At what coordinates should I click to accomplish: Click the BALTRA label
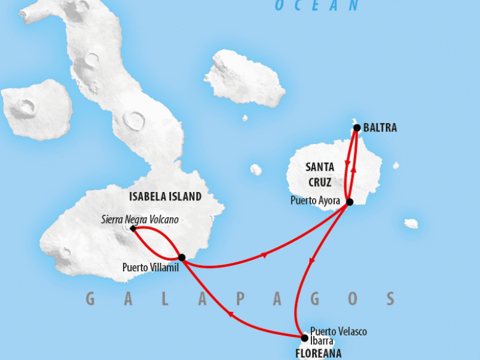point(380,128)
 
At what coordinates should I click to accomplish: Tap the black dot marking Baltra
point(357,127)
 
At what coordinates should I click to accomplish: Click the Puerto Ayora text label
point(315,201)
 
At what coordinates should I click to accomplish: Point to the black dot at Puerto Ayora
point(350,202)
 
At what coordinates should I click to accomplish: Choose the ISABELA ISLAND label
point(165,196)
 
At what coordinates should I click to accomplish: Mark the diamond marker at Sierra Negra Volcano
point(133,228)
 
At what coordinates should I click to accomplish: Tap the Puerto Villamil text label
point(150,267)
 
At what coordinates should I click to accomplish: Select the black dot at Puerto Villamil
point(182,257)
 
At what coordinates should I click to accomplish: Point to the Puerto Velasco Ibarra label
point(337,335)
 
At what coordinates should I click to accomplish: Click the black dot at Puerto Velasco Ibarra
point(304,338)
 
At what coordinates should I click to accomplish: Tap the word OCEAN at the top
point(316,6)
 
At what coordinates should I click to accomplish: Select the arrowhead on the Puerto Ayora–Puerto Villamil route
point(265,255)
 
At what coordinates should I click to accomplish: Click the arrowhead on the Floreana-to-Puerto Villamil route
point(230,313)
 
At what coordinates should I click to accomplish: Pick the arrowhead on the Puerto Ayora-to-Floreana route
point(310,262)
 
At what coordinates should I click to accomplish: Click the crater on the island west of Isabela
point(27,107)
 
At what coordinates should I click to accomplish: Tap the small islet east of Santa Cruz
point(410,223)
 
